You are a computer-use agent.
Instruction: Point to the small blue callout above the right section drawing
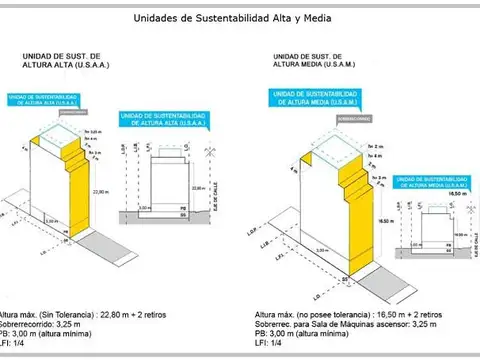click(x=431, y=183)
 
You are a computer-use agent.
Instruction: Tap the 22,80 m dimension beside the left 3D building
click(x=99, y=191)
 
